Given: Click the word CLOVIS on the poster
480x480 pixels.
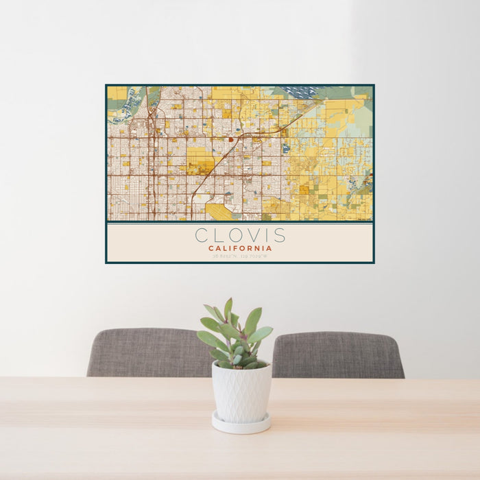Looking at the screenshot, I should [240, 235].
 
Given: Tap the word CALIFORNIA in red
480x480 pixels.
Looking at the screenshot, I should [240, 248].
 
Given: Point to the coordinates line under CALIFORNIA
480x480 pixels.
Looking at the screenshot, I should [240, 256].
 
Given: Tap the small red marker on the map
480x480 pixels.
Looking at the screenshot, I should [230, 139].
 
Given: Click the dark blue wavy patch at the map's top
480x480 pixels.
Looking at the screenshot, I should [296, 91].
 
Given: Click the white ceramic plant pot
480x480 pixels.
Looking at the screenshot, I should [241, 392].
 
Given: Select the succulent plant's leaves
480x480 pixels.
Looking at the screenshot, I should [234, 336].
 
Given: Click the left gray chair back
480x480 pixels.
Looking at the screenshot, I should [147, 352].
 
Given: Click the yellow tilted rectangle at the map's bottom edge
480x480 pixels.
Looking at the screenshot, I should [220, 211].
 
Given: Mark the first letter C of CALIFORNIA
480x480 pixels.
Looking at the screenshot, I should [211, 248].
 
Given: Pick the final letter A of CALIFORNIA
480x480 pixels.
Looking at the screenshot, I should [269, 248].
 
